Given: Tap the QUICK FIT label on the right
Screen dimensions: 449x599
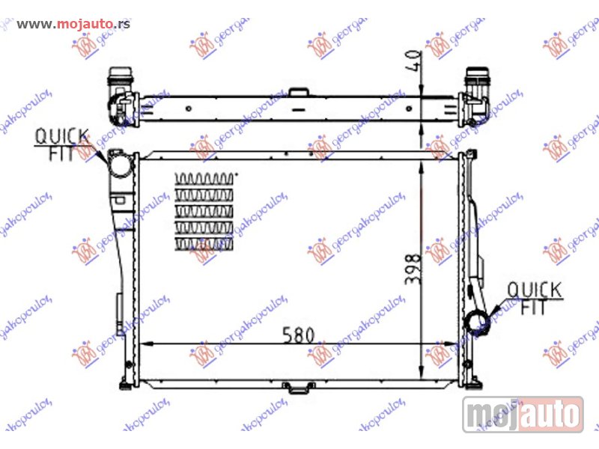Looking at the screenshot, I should pos(534,297).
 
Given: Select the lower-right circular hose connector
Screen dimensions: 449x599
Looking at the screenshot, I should pos(477,324).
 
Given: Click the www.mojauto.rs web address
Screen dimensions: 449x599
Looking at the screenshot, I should pos(73,23).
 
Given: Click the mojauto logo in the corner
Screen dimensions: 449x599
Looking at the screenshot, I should pos(523,413).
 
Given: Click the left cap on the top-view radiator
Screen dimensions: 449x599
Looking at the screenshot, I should pos(119,77).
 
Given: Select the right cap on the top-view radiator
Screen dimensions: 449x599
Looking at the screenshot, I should pos(476,77).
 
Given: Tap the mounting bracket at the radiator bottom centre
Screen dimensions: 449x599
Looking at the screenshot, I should pos(298,387).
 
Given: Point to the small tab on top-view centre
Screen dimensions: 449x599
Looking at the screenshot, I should pos(299,92).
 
